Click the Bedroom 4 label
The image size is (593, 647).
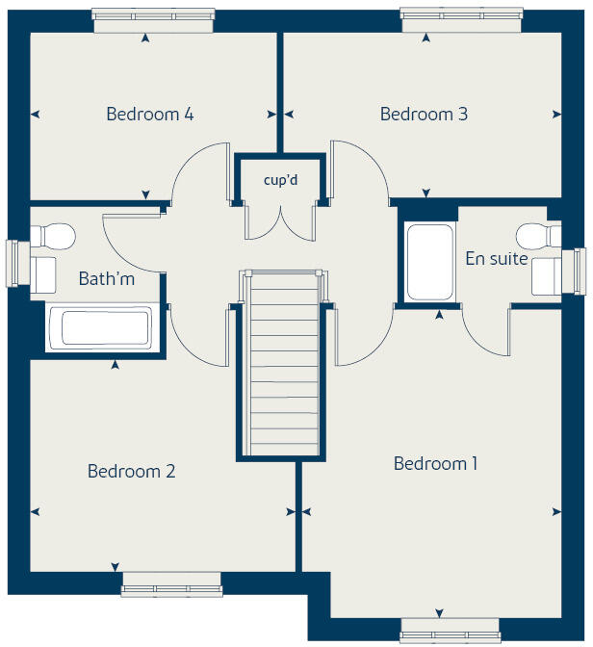point(149,115)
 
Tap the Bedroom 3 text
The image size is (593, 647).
point(424,115)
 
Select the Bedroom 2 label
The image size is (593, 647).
point(131,472)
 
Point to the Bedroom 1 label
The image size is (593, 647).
point(435,464)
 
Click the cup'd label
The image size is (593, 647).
point(280,180)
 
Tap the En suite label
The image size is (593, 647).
point(496,258)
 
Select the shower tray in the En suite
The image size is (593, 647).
point(428,262)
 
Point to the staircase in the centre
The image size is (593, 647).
point(282,366)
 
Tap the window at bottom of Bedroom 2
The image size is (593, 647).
point(171,586)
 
